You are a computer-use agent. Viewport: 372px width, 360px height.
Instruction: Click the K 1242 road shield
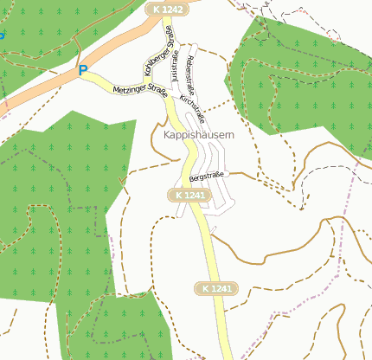(164, 8)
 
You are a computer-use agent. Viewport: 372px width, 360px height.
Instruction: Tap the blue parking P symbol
(83, 70)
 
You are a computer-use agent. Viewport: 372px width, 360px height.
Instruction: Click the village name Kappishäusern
(198, 135)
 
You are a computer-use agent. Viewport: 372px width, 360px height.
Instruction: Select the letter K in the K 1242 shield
(153, 8)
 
